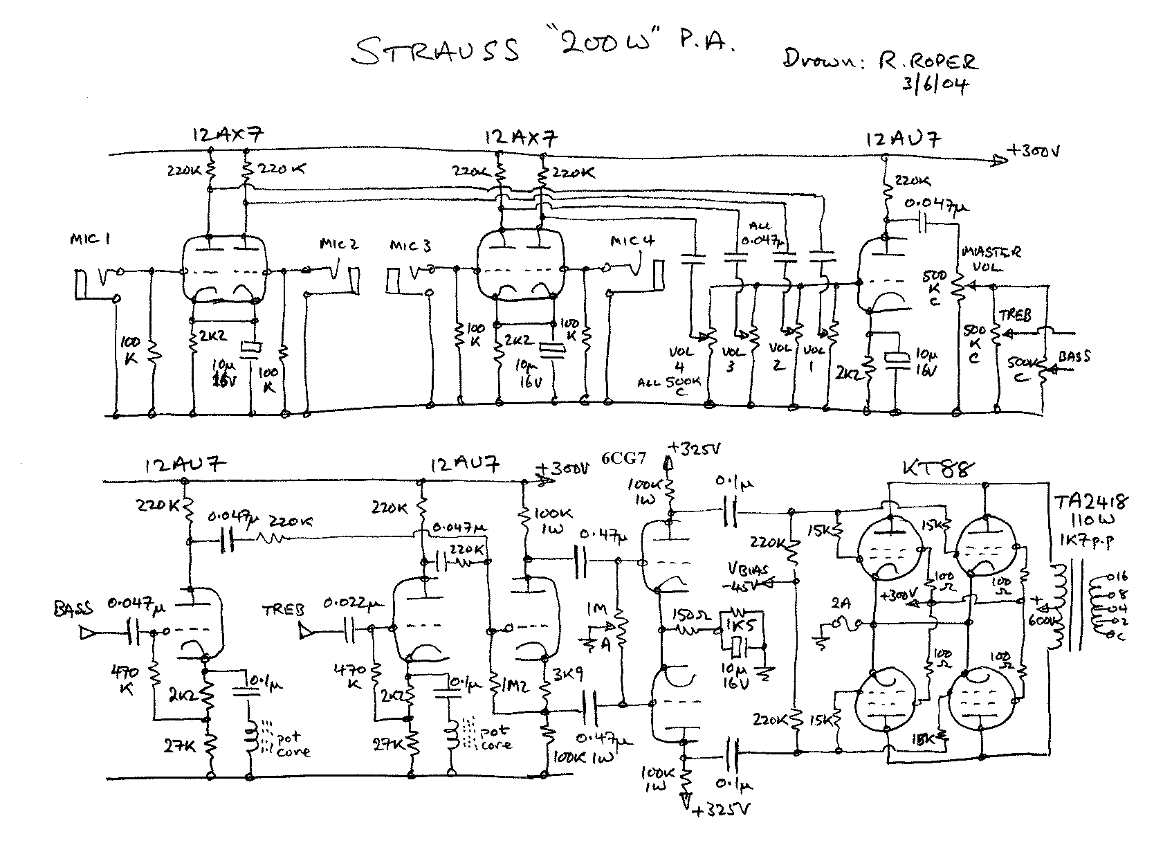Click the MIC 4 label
[x=632, y=242]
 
